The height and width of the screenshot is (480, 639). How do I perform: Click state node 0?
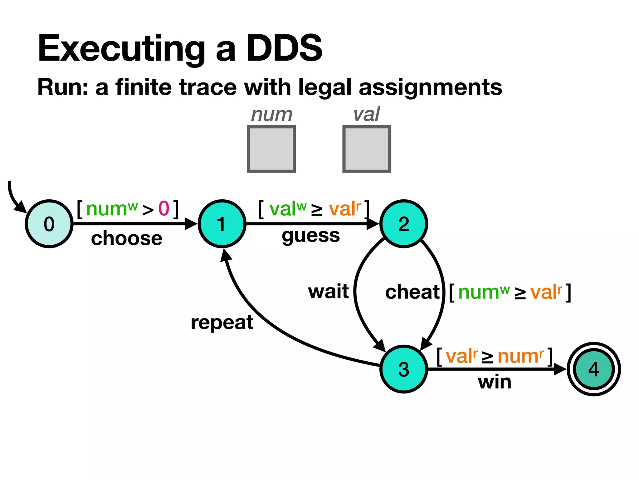[49, 224]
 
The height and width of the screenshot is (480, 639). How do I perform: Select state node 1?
[222, 224]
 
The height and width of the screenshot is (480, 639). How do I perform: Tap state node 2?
[403, 224]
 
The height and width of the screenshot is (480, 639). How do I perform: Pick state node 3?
[403, 369]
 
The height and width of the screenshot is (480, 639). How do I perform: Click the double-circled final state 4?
[593, 369]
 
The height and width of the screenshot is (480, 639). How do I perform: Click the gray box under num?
[271, 149]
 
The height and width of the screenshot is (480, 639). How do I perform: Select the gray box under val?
[367, 149]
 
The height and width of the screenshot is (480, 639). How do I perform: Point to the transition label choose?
[127, 238]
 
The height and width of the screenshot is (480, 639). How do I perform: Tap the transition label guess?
[310, 236]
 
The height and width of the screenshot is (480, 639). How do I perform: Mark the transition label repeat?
[222, 322]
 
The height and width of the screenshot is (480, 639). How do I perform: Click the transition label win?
[495, 382]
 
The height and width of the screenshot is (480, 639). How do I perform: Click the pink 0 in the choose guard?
[164, 208]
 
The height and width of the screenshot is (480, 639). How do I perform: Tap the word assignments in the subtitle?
[430, 87]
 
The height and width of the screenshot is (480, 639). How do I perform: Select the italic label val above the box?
[367, 114]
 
